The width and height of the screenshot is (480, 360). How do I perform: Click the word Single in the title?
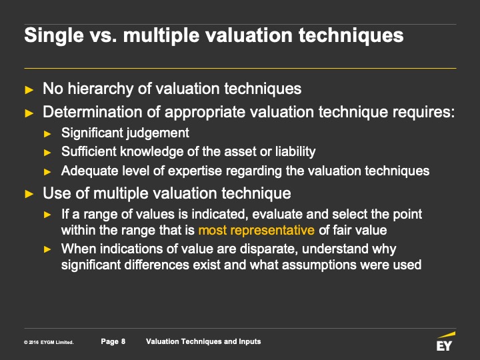(x=54, y=36)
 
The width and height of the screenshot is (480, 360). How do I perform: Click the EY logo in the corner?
(x=445, y=341)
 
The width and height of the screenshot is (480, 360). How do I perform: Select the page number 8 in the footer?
(x=123, y=341)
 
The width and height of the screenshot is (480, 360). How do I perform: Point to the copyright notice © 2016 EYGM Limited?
(x=49, y=342)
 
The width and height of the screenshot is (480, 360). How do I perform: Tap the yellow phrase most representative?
(x=256, y=230)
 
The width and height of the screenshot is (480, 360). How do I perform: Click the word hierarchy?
(x=101, y=89)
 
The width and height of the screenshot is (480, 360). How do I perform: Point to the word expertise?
(x=195, y=171)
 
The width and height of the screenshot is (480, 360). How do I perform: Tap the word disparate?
(x=269, y=249)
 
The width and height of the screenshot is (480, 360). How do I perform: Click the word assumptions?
(x=319, y=265)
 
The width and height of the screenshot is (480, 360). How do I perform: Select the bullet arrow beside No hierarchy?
(x=29, y=90)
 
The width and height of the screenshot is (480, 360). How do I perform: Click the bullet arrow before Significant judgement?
(x=47, y=134)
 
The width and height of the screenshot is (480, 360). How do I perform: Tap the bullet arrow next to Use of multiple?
(x=29, y=194)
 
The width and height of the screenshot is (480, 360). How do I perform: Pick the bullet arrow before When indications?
(x=47, y=249)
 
